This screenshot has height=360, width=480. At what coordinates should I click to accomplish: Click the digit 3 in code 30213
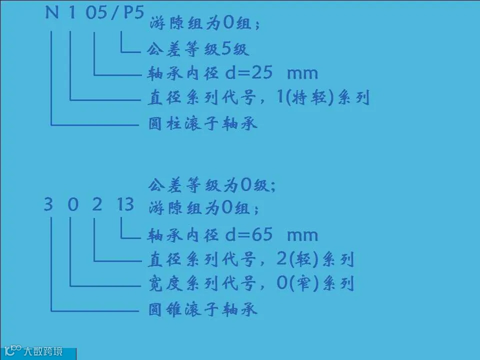pos(48,204)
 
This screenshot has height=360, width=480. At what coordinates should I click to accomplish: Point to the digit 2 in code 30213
pos(97,204)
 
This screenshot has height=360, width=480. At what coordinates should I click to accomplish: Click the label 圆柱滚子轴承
pos(203,122)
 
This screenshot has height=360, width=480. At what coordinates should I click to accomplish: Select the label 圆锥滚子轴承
pos(203,309)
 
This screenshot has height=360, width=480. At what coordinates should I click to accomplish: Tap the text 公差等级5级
pos(197,49)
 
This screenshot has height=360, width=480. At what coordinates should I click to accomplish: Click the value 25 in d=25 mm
pos(260,73)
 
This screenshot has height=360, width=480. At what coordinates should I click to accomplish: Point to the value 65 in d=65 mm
pos(260,234)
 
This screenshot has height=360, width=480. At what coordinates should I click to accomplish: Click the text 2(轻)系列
pos(315,259)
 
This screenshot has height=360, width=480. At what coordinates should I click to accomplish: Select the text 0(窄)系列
pos(315,284)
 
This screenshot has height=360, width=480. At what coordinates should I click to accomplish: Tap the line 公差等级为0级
pos(212,186)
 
